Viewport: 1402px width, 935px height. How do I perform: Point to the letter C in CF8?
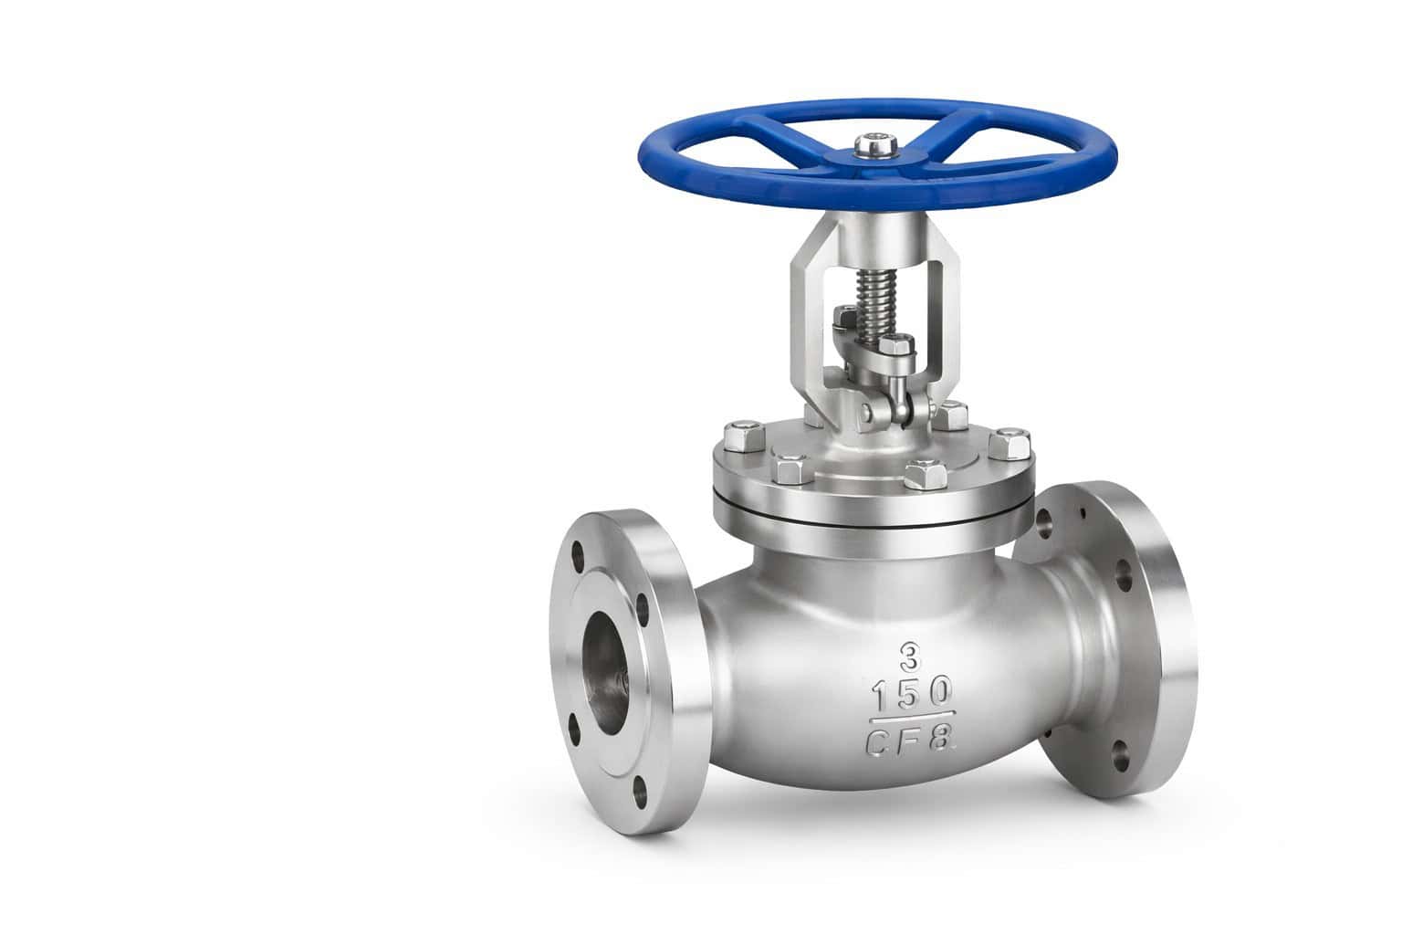pos(877,741)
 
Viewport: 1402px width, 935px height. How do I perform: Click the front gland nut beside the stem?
pos(897,347)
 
